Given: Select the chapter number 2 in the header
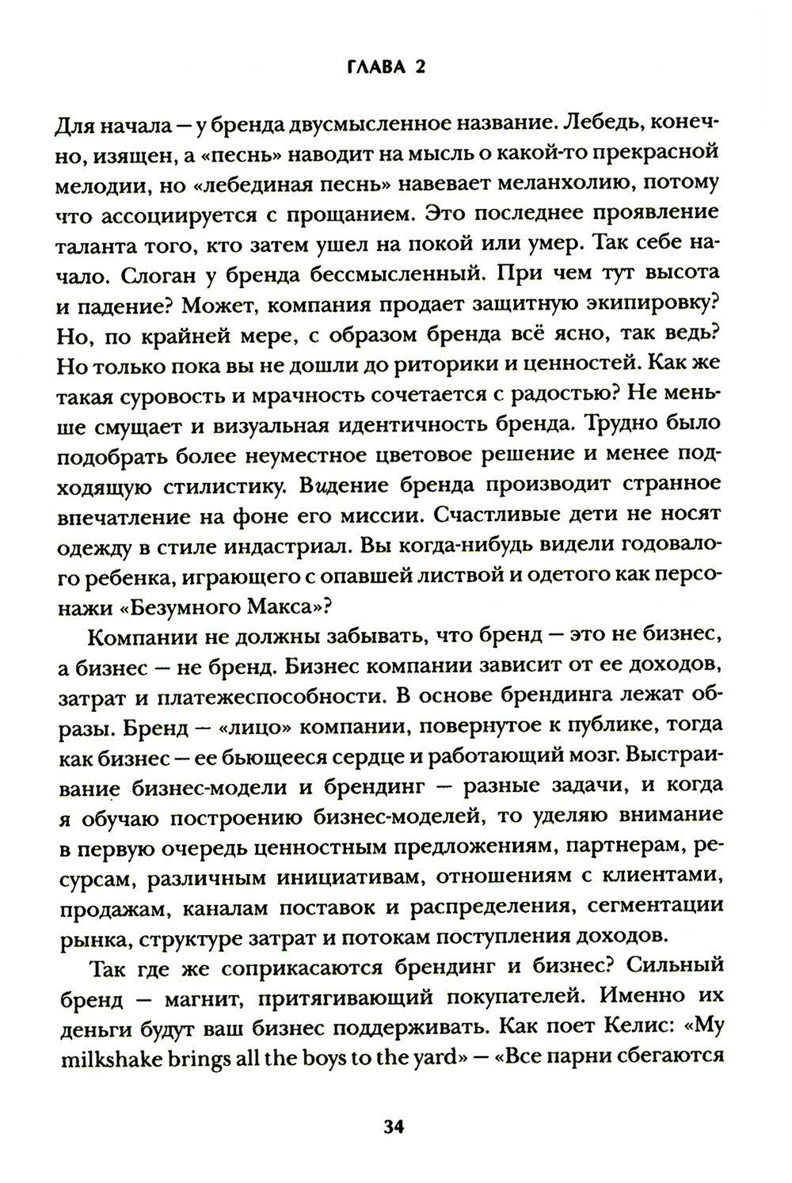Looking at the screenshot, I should pyautogui.click(x=421, y=68).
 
